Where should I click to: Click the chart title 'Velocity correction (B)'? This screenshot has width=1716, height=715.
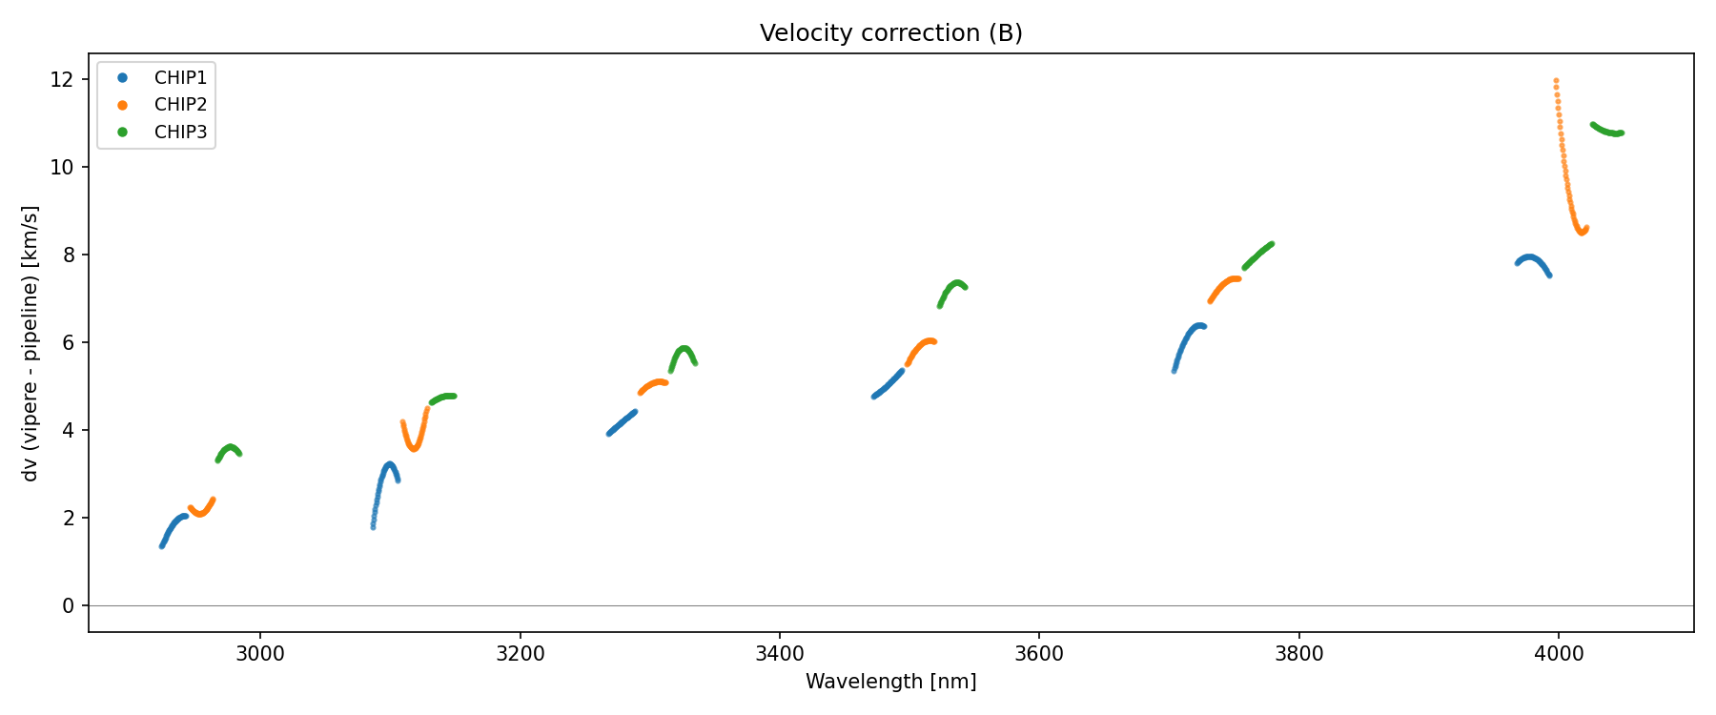(890, 33)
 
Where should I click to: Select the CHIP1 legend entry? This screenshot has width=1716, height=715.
(180, 77)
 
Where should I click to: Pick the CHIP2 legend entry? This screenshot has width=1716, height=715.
(180, 105)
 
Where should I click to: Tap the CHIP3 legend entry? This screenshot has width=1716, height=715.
(180, 133)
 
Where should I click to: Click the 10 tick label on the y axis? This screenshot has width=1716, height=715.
(63, 167)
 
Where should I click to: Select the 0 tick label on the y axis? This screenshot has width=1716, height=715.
(69, 605)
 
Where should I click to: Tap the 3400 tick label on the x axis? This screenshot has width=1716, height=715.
(780, 653)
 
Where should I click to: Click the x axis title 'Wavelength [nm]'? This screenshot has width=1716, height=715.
(890, 682)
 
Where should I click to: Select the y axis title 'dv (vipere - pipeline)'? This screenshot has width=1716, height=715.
(31, 343)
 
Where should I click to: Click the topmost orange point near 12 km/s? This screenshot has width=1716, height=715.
(1556, 81)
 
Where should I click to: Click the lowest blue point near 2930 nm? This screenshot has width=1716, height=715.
(162, 545)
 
